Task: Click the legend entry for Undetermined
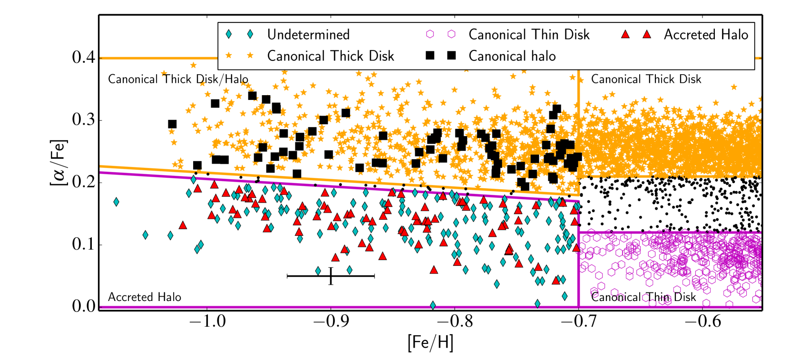pos(308,35)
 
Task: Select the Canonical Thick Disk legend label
pos(331,56)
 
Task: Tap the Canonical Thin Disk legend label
pos(529,35)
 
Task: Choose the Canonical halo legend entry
pos(512,56)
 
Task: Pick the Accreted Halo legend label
pos(706,35)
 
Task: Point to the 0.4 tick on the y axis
pos(83,58)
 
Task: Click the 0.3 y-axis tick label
pos(83,120)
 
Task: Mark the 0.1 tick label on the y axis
pos(83,244)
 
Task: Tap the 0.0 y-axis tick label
pos(83,306)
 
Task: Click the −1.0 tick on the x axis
pos(207,321)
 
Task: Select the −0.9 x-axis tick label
pos(331,321)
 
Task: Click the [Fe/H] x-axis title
pos(430,342)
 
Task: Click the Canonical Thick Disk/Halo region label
pos(178,79)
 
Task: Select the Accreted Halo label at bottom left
pos(145,297)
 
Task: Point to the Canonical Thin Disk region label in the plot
pos(643,297)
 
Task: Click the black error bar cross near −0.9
pos(331,276)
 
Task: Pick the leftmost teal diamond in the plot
pos(116,202)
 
